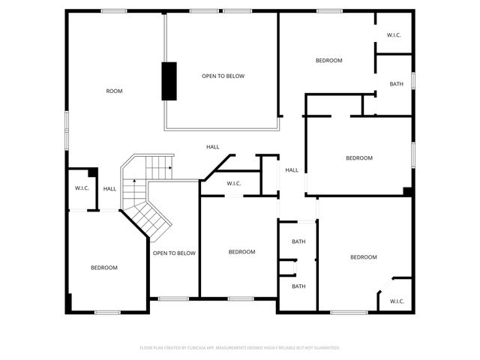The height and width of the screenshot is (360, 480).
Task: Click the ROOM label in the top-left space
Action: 114,91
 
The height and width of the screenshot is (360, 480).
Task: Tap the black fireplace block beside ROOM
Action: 169,80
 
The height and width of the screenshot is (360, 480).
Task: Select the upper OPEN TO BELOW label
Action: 223,76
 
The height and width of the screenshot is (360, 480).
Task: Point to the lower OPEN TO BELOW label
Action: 174,253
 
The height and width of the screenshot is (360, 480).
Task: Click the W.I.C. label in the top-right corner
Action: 394,35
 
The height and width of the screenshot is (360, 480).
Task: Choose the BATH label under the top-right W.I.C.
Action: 397,84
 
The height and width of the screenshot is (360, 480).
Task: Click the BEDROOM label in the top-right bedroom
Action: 328,61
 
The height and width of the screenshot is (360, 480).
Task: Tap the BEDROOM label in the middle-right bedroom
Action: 359,157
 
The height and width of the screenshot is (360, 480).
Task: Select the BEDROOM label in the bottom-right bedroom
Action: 364,257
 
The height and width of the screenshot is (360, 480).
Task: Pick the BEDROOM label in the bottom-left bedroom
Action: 104,268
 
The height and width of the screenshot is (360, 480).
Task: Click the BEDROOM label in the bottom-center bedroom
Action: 242,252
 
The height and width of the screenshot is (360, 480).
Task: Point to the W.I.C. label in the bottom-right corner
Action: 396,301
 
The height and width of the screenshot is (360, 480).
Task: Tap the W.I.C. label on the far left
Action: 82,188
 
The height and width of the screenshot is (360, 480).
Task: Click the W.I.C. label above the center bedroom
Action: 233,184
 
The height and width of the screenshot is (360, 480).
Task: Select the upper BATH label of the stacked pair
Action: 298,241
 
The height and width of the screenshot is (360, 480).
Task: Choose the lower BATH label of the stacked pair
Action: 298,286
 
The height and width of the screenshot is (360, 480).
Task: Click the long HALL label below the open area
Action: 213,147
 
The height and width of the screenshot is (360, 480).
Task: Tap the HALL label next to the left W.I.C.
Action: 109,189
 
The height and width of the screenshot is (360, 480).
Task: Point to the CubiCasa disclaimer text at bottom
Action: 240,348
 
